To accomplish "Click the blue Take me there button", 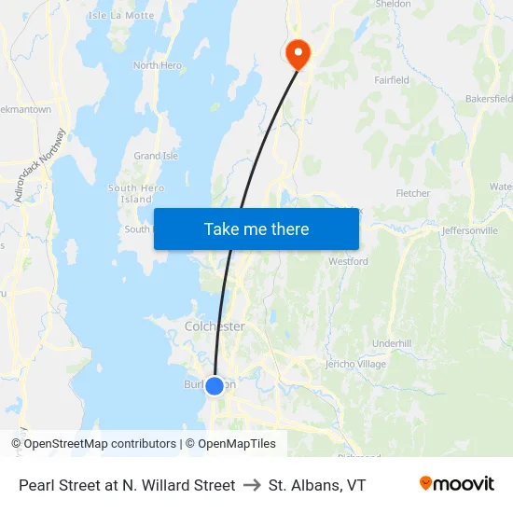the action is [256, 229].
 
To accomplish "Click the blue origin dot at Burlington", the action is [215, 385].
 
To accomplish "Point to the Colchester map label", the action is [215, 326].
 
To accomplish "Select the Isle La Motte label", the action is [120, 16].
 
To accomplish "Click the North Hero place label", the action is [157, 65].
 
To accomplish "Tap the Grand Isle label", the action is [156, 156].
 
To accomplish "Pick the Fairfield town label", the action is [391, 80].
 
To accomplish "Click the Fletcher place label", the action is [412, 194].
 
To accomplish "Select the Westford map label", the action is [348, 262].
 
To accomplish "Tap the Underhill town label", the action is [392, 343].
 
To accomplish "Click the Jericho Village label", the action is [354, 364].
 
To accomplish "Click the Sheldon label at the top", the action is [392, 5].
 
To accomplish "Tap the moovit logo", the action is [457, 484].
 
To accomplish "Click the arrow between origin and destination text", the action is [252, 485].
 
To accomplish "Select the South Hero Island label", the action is [136, 194].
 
